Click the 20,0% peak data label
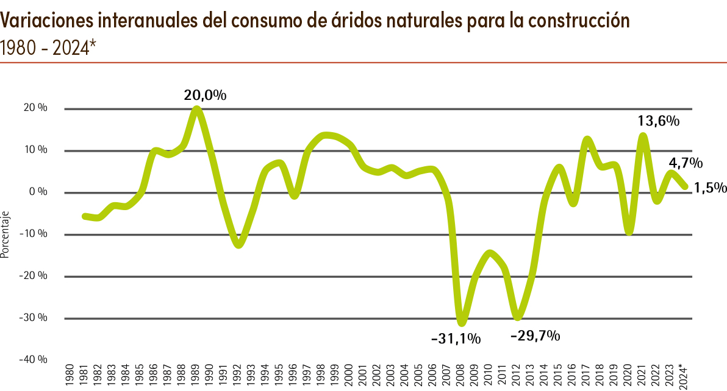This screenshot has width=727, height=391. pos(206,96)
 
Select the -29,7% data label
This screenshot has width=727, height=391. pos(535,336)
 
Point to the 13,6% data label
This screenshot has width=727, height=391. pos(659,121)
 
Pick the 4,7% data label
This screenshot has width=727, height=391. pos(686,163)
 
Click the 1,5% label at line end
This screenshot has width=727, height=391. pos(711,188)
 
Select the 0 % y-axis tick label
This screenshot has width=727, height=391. pos(39,192)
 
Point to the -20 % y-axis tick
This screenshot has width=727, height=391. pos(35,276)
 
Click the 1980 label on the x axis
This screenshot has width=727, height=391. pos(70,375)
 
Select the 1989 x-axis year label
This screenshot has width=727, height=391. pos(195,375)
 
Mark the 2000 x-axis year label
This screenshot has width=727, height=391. pos(349,375)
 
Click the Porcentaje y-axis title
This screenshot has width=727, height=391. pos(5,235)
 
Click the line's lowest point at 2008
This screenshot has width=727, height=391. pos(461,322)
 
